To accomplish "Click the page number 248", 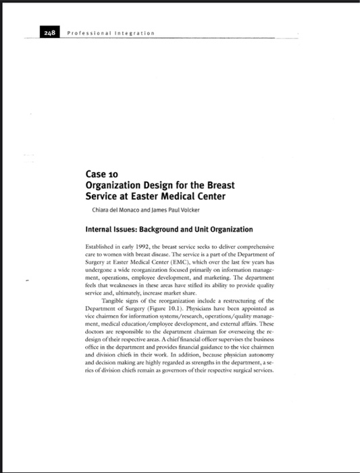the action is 49,32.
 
